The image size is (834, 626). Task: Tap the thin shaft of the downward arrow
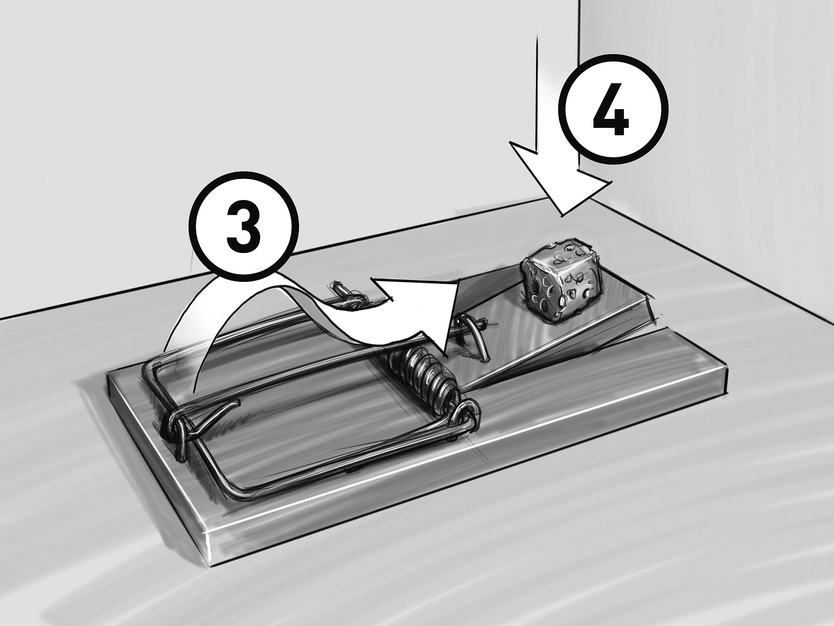pyautogui.click(x=537, y=91)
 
